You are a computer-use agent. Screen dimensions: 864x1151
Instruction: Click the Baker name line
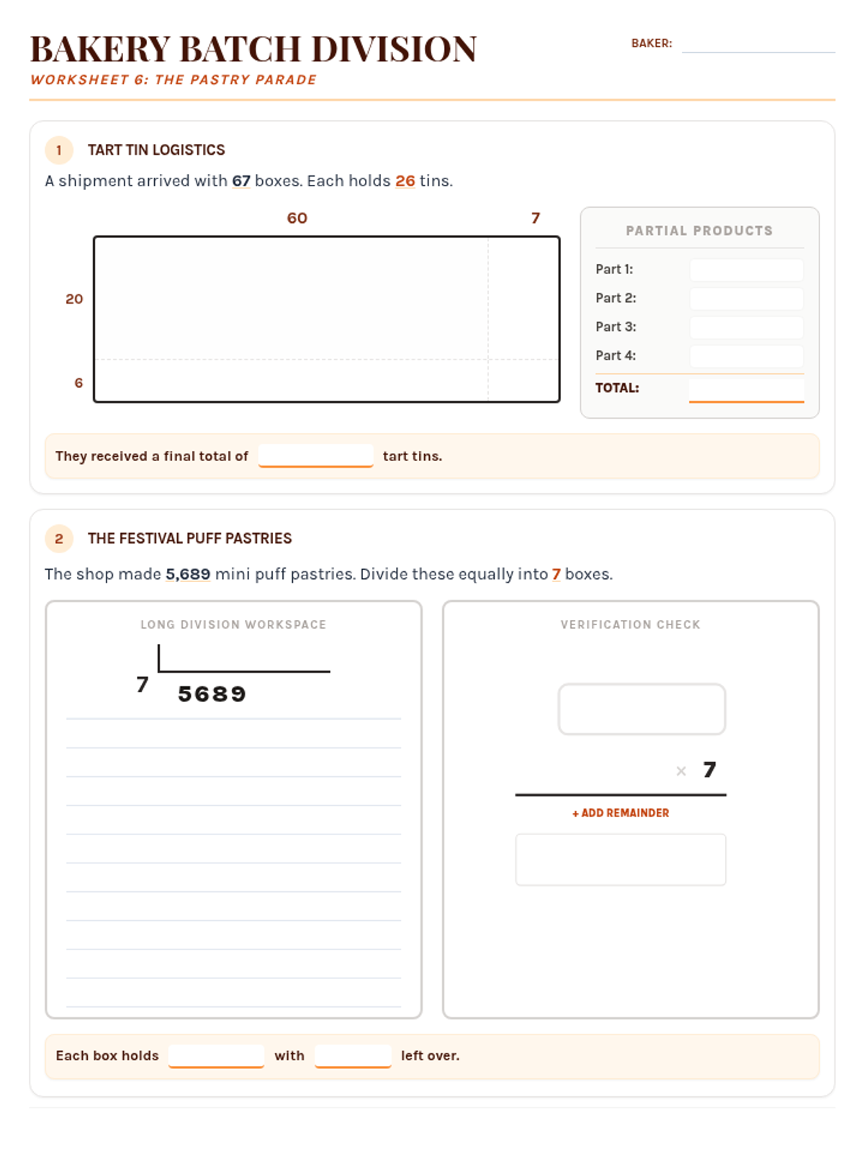tap(758, 52)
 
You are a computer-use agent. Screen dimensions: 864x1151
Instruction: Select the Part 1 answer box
tap(746, 270)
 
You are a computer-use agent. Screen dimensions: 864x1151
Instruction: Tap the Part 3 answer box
tap(746, 327)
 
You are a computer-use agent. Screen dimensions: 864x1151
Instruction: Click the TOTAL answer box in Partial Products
tap(746, 390)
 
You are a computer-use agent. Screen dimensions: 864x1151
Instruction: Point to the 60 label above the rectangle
tap(297, 218)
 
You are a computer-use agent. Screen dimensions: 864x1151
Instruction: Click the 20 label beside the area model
tap(74, 299)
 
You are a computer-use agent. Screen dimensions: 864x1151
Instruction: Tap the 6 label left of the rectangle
tap(78, 383)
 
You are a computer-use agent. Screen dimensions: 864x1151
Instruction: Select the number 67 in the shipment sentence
tap(240, 181)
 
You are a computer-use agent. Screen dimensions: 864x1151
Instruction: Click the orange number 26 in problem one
tap(405, 181)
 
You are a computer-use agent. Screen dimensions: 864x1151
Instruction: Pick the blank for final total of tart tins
tap(315, 455)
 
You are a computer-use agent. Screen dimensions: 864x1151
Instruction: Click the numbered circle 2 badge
tap(59, 539)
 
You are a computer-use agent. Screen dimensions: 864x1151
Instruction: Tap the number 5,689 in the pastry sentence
tap(188, 574)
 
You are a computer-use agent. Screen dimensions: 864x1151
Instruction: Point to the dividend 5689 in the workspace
tap(212, 694)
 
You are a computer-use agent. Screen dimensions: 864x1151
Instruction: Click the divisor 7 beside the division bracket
tap(142, 684)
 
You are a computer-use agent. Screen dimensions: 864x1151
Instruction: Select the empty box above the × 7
tap(642, 709)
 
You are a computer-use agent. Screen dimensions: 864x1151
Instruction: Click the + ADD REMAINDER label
tap(621, 813)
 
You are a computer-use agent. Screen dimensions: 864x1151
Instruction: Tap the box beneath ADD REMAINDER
tap(621, 860)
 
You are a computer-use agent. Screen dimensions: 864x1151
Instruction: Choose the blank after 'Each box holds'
tap(216, 1055)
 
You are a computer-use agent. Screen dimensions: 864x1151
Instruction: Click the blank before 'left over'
tap(353, 1055)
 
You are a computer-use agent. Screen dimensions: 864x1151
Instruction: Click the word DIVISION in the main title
tap(395, 50)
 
